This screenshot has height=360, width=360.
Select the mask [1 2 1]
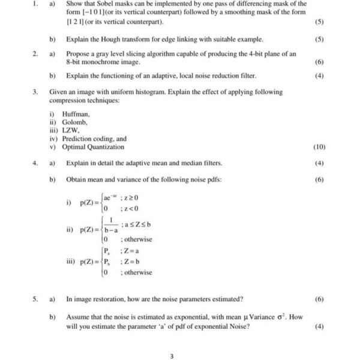pos(77,22)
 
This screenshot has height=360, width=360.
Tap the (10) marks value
pos(319,147)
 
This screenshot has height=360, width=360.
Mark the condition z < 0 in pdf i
pos(130,208)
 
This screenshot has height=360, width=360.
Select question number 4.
pos(35,163)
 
